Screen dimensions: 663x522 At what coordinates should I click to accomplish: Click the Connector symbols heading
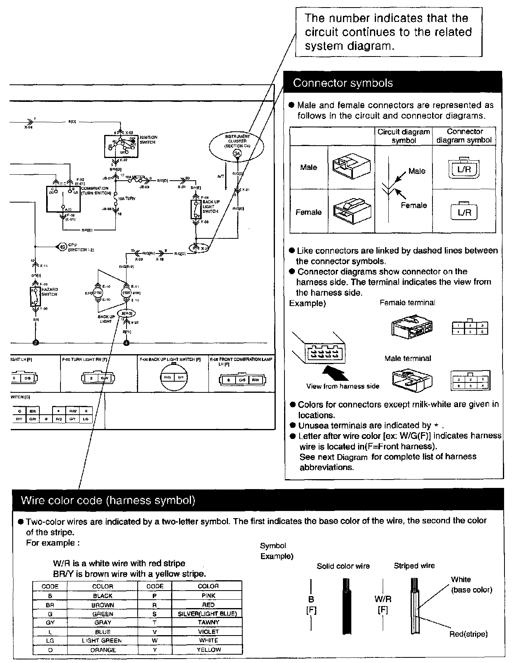[343, 83]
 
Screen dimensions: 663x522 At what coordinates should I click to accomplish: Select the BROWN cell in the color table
[103, 605]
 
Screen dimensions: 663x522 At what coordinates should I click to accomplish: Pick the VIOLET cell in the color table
[208, 632]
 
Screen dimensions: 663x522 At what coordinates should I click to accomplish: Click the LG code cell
[50, 641]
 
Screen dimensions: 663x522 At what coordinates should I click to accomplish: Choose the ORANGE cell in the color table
[103, 650]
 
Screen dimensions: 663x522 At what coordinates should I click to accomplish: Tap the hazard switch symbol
[35, 297]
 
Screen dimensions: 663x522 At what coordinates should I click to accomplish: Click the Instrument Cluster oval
[237, 146]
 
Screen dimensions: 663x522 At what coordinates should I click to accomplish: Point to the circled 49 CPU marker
[62, 247]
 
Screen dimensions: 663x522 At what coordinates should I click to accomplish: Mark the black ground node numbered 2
[35, 342]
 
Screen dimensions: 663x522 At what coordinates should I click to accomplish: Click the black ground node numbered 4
[127, 342]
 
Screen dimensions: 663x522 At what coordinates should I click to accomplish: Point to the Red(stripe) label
[468, 634]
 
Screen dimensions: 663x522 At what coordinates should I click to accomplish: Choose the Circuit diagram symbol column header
[403, 136]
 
